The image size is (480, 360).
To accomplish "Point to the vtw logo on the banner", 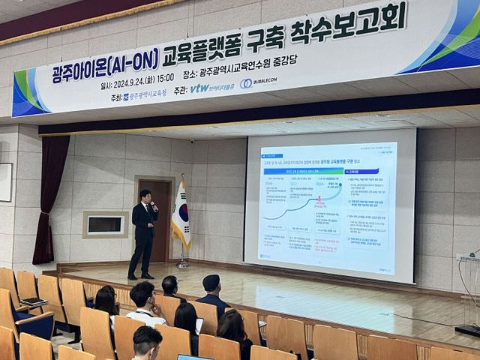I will click(199, 88).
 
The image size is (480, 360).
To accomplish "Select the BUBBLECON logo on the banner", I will click(256, 82).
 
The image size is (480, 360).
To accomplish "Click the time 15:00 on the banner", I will click(165, 77).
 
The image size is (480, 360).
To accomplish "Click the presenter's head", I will click(145, 196).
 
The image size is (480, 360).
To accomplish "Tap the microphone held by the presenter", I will click(153, 205).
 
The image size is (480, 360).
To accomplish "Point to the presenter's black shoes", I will click(140, 276).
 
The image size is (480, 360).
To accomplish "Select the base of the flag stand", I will click(181, 265).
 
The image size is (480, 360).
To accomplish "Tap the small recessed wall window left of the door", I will click(105, 224).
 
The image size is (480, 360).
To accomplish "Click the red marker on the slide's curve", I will click(319, 199).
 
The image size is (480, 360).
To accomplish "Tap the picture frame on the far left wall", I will click(5, 182).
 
